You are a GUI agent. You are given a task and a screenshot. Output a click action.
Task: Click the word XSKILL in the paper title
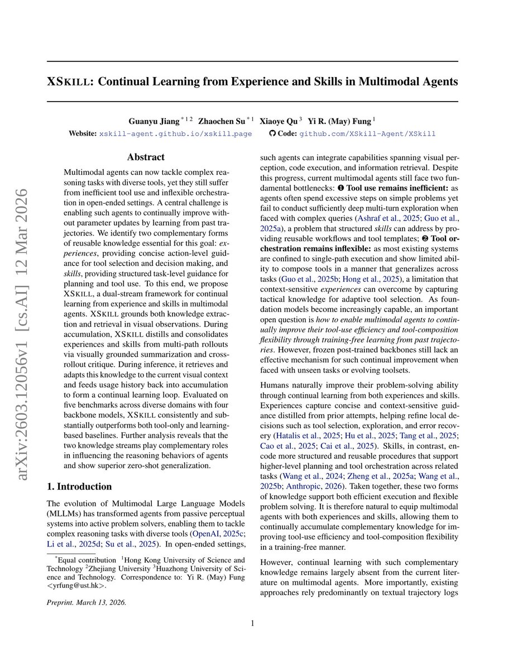click(69, 82)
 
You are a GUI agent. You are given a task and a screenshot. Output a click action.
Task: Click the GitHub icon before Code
click(272, 134)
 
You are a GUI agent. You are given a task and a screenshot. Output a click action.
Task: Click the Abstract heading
click(146, 158)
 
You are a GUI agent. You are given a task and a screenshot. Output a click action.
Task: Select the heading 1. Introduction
click(80, 487)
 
